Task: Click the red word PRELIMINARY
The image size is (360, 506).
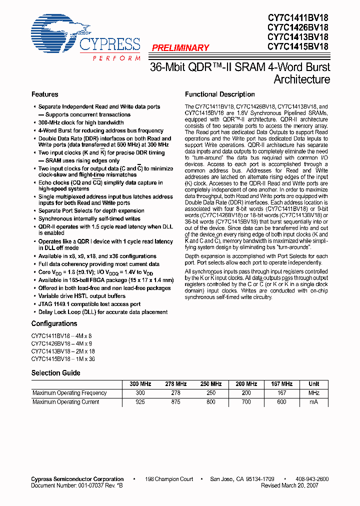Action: pos(180,48)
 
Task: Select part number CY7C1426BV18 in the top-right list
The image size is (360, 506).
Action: pos(298,27)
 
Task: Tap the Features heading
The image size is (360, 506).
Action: pos(44,94)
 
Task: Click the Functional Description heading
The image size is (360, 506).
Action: pos(219,94)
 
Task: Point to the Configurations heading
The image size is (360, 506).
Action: pos(54,324)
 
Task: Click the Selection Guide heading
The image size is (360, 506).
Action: pos(55,373)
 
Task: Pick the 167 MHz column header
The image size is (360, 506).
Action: pos(282,384)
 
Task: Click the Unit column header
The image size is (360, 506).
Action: pos(313,384)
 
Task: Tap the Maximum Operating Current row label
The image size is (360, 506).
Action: pos(65,402)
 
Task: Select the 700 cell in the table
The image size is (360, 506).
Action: pos(246,402)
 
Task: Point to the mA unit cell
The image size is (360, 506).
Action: pos(313,402)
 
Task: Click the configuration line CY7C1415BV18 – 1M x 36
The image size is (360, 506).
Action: pos(62,359)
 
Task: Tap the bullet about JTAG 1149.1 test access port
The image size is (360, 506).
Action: pos(89,304)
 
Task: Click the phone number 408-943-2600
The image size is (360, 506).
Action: pos(312,479)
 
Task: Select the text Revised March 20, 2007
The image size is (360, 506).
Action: pos(296,485)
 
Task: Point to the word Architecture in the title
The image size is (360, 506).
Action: pos(301,79)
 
